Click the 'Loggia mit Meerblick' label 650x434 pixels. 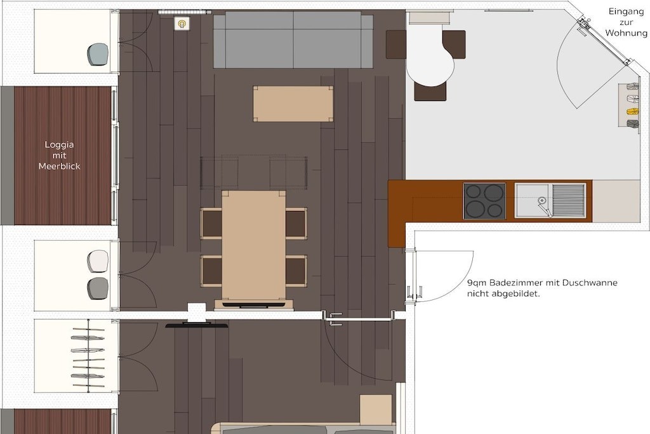click(59, 155)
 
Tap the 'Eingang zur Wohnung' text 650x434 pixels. click(626, 22)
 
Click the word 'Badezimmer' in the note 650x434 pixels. click(514, 283)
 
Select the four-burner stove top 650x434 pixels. click(484, 201)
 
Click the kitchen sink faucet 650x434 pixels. click(544, 205)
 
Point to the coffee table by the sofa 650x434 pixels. click(293, 104)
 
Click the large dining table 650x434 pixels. click(254, 245)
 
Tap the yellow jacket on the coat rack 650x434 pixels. click(633, 112)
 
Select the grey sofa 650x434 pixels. click(293, 39)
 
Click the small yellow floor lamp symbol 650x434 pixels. click(182, 24)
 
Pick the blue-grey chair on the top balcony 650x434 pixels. click(98, 55)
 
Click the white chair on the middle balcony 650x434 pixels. click(98, 261)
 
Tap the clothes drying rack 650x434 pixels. click(88, 356)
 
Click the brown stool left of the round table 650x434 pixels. click(396, 44)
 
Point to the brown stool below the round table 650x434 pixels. click(430, 92)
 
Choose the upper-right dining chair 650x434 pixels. click(296, 223)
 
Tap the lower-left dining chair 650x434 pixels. click(211, 271)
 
